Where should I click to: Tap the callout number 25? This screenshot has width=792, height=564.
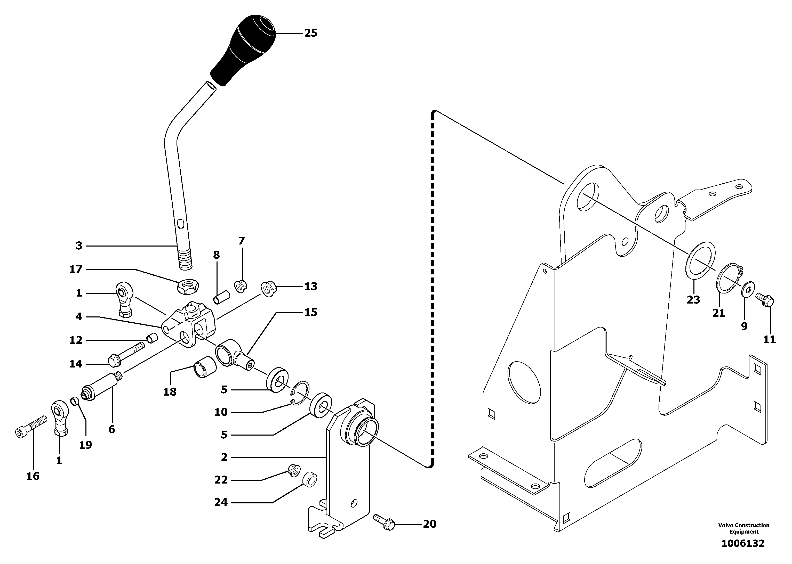point(311,33)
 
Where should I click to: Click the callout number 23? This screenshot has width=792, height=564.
point(693,300)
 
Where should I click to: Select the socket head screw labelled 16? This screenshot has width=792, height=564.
point(31,427)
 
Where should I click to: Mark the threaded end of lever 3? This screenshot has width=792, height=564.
point(186,261)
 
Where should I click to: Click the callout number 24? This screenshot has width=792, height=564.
point(221,502)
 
